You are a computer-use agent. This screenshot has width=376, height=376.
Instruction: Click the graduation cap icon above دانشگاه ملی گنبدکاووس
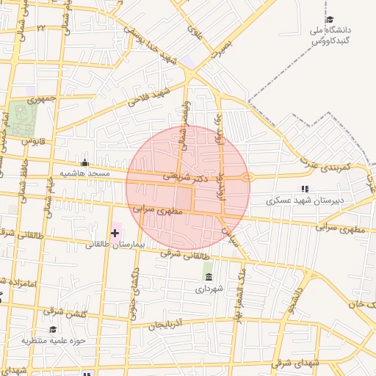330,20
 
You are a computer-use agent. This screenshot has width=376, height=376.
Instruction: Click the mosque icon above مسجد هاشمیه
85,163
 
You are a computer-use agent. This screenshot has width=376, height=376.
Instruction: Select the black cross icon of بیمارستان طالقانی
115,233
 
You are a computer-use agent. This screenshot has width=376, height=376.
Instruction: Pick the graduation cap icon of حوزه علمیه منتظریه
53,329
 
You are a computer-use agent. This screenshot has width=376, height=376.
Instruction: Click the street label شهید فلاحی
148,96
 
